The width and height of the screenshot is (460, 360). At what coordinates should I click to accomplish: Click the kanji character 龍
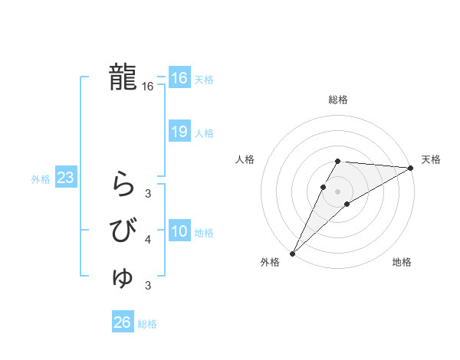(123, 77)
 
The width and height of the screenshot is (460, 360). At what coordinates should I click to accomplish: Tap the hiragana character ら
(123, 184)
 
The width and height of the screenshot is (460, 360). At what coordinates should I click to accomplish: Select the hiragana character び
(123, 231)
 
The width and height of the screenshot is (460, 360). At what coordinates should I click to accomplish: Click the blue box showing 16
(179, 79)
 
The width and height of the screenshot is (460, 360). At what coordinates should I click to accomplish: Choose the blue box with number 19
(179, 133)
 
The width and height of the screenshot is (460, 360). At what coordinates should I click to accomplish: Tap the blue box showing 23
(66, 178)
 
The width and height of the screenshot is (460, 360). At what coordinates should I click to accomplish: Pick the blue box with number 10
(179, 232)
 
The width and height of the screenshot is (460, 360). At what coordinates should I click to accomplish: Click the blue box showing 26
(123, 322)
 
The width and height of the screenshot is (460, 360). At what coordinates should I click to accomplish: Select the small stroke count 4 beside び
(148, 240)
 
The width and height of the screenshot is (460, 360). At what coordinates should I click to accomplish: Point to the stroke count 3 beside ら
(148, 193)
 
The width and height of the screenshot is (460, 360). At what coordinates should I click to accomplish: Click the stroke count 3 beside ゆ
(148, 286)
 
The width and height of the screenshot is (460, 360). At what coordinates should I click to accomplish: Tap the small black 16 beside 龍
(148, 87)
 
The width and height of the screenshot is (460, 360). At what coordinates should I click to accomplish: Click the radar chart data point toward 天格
(411, 168)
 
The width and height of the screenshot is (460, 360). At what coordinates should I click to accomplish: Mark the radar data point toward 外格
(292, 253)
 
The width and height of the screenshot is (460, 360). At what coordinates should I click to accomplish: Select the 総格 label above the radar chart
(338, 100)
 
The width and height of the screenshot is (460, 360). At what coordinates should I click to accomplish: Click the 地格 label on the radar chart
(402, 262)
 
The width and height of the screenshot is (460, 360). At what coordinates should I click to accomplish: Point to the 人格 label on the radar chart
(245, 159)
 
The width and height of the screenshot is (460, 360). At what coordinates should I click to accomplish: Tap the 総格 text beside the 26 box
(147, 324)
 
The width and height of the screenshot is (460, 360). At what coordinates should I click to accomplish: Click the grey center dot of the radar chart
(337, 191)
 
